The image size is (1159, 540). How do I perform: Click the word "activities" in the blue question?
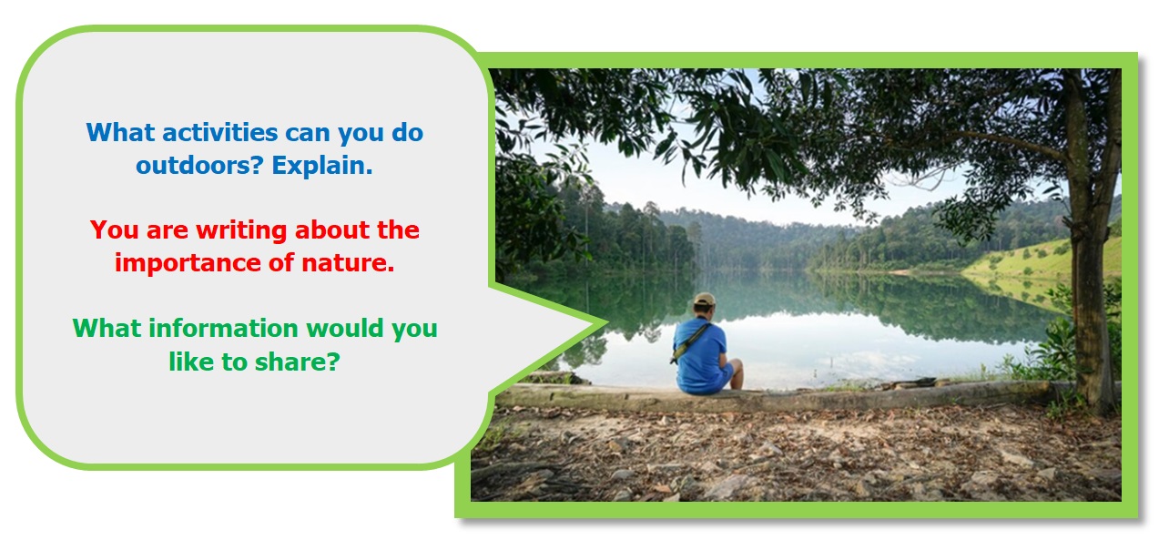(220, 132)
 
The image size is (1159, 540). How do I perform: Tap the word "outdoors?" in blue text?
(199, 166)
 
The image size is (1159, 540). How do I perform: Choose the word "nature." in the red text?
(348, 263)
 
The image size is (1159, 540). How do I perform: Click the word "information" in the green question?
(223, 328)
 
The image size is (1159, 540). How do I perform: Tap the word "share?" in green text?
(298, 362)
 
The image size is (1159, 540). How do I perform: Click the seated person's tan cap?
(704, 299)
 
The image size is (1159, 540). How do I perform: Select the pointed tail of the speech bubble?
(606, 324)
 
